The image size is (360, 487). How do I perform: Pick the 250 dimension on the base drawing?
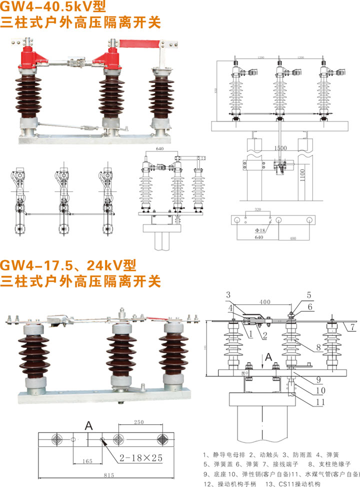pos(139,423)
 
